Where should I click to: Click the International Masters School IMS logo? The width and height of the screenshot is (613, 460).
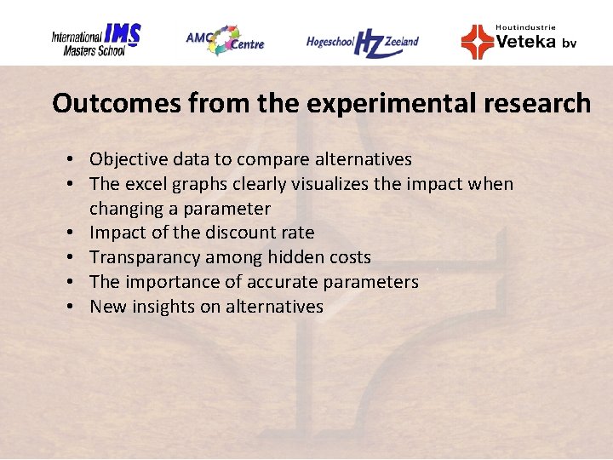point(95,39)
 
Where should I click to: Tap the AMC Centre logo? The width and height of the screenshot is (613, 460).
point(225,39)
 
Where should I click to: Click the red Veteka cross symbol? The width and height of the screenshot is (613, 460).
point(477,42)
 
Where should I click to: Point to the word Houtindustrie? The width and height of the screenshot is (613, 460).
point(525,27)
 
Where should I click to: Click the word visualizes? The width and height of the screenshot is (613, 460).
point(327,184)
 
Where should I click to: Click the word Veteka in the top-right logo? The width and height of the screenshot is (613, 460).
point(526,42)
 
